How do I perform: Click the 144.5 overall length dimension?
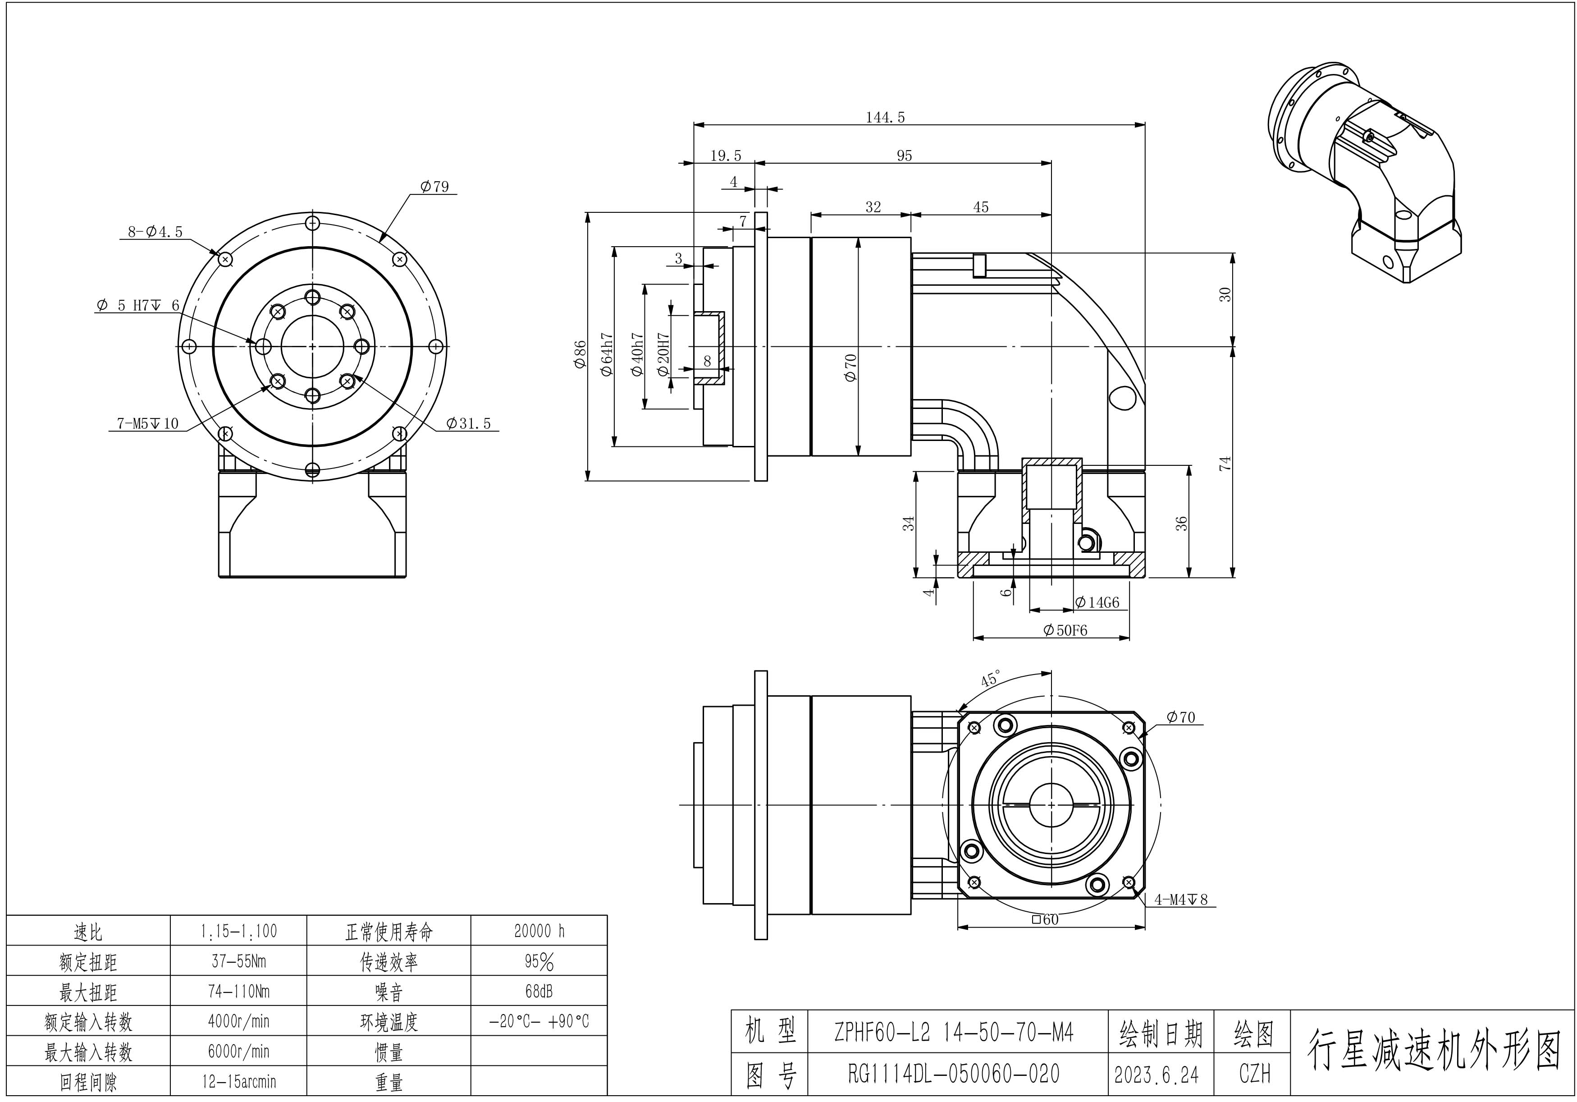tap(885, 118)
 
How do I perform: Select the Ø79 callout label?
tap(435, 186)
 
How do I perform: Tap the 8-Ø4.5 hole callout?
tap(155, 231)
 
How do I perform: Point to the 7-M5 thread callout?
tap(147, 423)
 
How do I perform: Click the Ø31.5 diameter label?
tap(468, 423)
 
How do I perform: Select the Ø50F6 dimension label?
tap(1065, 630)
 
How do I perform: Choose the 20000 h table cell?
tap(539, 931)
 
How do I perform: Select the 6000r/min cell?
tap(238, 1051)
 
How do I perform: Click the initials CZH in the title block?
tap(1254, 1074)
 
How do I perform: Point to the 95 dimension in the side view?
tap(904, 156)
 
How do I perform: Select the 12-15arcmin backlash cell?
tap(238, 1081)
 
